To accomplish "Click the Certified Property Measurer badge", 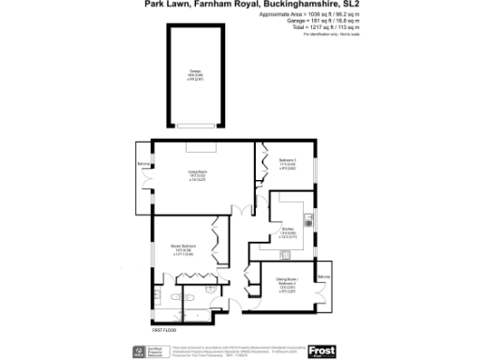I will [x=141, y=352].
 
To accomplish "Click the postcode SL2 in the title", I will [x=351, y=5].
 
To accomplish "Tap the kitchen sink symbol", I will [x=307, y=222].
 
